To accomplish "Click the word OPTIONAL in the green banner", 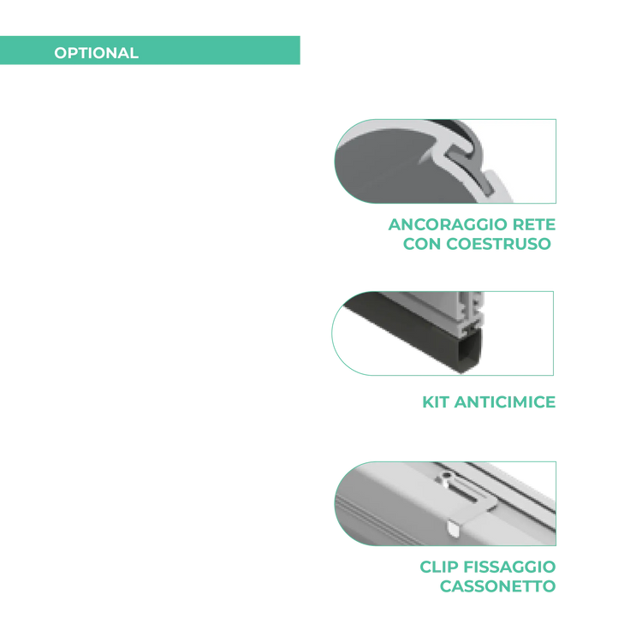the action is [96, 53].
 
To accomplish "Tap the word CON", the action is [422, 244].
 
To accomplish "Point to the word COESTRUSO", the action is [498, 244].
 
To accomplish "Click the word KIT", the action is [436, 402].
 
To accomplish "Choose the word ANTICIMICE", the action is [505, 402].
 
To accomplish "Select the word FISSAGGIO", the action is [510, 567].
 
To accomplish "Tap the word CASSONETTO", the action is [497, 586].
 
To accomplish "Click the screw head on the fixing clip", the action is [446, 476].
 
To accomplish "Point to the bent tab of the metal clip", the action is [454, 528].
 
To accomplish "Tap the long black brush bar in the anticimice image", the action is [413, 334].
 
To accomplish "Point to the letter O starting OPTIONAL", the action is [60, 53].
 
